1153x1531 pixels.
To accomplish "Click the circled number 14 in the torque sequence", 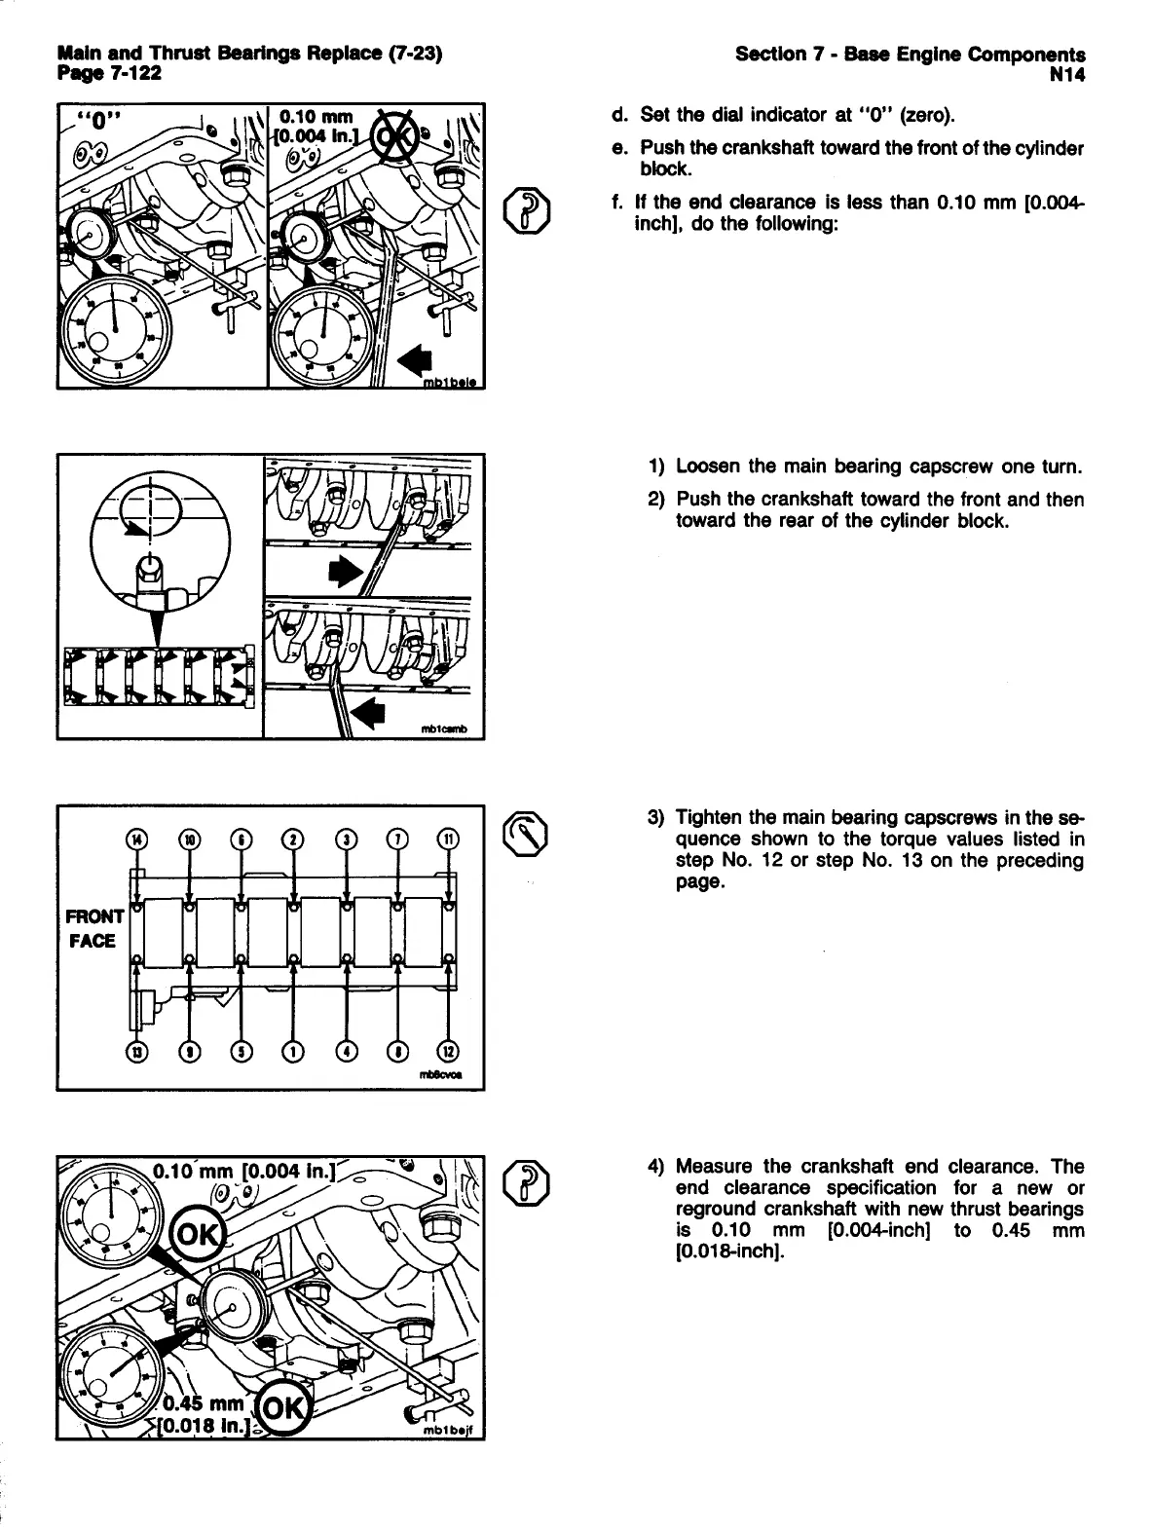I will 136,839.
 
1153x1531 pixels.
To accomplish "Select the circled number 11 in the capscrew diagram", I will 448,839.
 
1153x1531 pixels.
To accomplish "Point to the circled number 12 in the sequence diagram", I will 448,1051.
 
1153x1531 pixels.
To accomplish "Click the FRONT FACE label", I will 93,928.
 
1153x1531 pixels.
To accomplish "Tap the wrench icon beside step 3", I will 527,832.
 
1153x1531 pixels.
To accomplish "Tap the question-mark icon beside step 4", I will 527,1180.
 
